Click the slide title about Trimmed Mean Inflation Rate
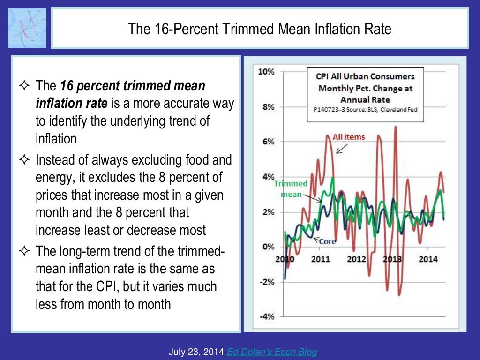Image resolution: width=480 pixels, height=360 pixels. coord(260,30)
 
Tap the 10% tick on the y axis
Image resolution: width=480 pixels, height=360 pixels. coord(266,72)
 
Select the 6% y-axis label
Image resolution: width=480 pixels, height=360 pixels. coord(268,142)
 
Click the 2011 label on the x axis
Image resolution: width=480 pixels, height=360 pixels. coord(321,259)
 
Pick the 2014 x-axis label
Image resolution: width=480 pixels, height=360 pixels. coord(427,259)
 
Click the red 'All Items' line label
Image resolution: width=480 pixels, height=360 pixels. coord(348,137)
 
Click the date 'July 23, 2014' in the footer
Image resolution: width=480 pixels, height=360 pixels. coord(196,352)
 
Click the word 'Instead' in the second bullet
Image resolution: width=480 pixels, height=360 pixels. coord(55,160)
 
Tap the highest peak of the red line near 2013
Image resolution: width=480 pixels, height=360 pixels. coord(396,127)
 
